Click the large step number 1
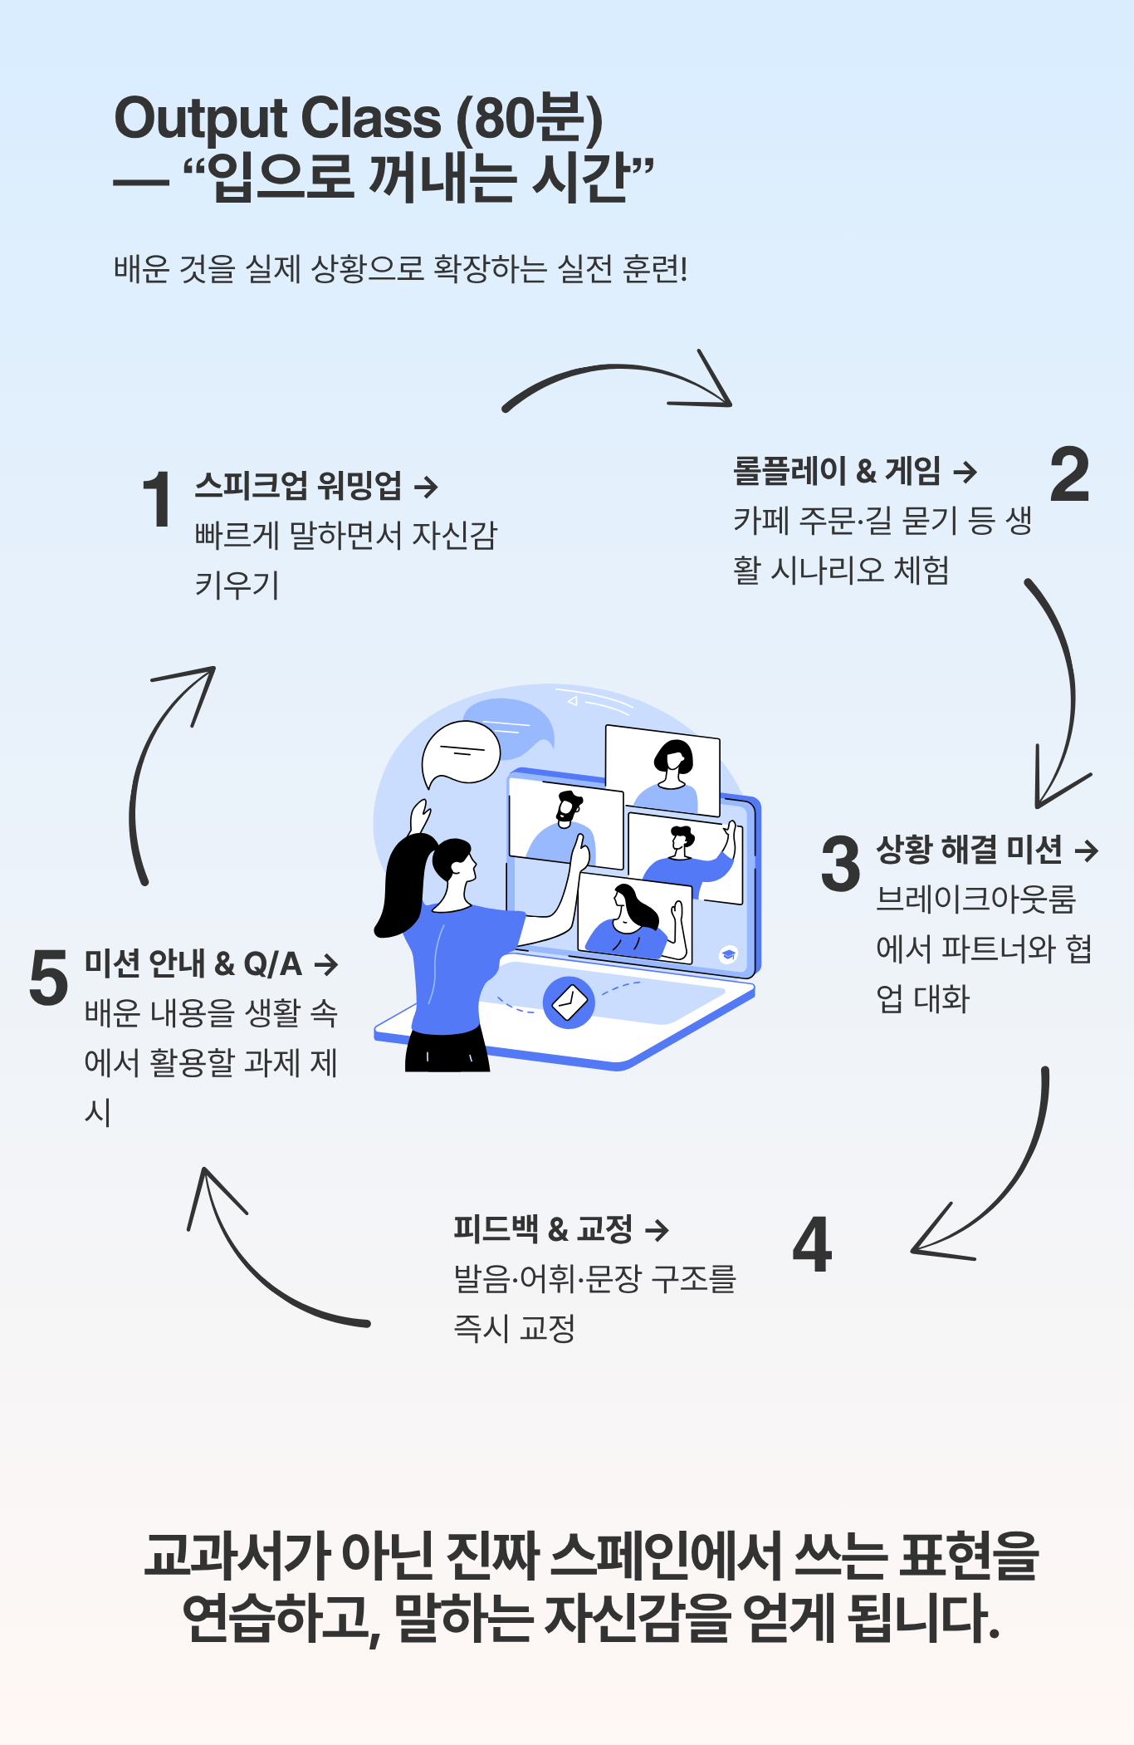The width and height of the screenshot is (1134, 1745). click(157, 499)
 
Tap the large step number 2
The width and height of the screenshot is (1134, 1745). click(1069, 474)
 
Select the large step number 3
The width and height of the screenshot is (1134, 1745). click(841, 864)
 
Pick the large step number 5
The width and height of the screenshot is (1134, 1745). click(48, 978)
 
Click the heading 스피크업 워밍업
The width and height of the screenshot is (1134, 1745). click(298, 486)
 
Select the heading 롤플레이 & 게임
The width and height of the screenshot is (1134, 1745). click(837, 471)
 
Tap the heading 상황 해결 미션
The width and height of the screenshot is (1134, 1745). click(969, 849)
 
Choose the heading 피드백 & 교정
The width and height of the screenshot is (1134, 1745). click(543, 1228)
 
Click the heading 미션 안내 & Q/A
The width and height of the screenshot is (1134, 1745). click(193, 963)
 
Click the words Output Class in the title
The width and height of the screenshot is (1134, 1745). click(277, 118)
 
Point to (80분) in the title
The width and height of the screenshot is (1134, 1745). click(530, 118)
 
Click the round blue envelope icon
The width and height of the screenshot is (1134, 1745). click(569, 1002)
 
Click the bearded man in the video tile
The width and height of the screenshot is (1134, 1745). click(568, 818)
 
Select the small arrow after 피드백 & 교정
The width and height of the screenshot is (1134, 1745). click(657, 1229)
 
